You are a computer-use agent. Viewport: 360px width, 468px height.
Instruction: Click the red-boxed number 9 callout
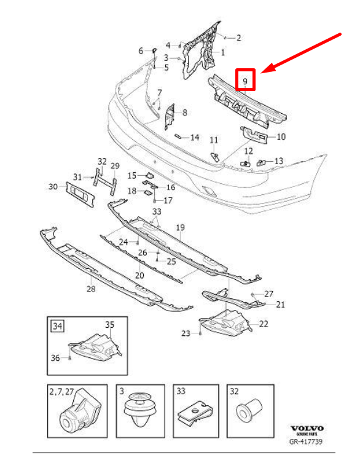(246, 81)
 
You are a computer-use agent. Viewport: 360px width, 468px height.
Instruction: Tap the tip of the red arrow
(262, 73)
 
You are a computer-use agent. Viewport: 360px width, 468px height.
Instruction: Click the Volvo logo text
(308, 429)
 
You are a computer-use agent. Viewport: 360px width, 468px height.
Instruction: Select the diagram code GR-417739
(307, 441)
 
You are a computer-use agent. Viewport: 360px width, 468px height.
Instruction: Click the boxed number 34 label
(58, 325)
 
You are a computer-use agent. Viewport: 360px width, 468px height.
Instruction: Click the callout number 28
(91, 289)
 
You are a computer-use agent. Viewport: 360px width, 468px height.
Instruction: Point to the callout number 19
(181, 228)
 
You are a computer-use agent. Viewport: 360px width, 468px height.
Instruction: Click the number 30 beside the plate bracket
(53, 186)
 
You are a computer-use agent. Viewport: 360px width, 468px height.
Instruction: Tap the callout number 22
(263, 324)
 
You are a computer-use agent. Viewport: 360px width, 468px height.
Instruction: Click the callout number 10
(281, 137)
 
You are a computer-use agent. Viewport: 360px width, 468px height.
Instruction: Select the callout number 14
(195, 137)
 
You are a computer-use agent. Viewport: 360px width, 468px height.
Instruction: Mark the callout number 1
(222, 52)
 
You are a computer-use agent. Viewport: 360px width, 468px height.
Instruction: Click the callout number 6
(140, 50)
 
